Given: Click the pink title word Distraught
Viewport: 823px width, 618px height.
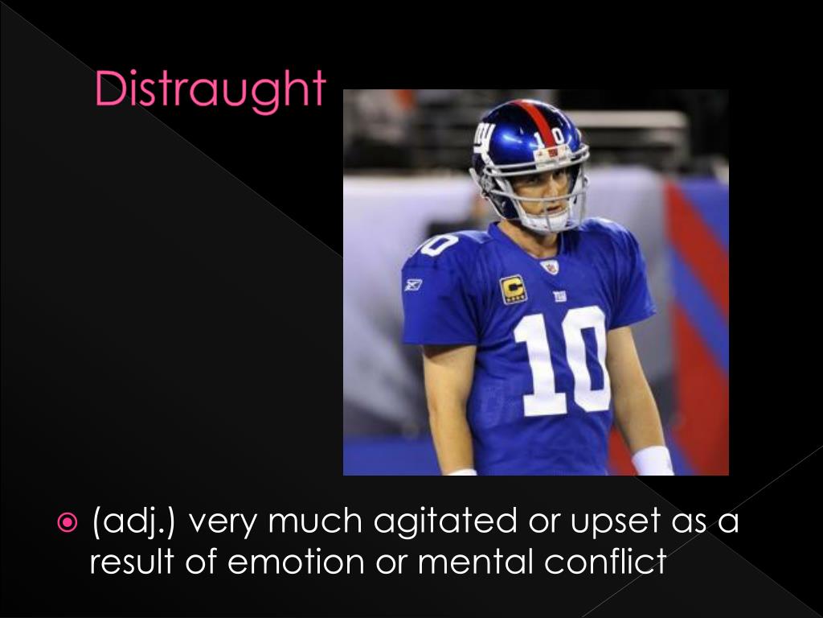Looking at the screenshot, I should coord(211,90).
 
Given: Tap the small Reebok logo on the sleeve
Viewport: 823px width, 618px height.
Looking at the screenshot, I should coord(413,284).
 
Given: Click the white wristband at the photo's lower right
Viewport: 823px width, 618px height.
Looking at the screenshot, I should coord(652,461).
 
